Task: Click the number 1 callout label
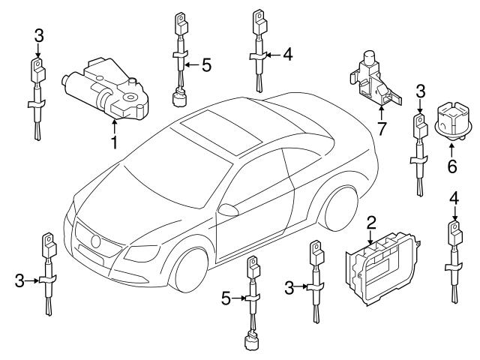(x=115, y=142)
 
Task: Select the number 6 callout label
(x=451, y=166)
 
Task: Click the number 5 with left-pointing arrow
(x=207, y=65)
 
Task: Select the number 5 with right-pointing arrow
(x=224, y=299)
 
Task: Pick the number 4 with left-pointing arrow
(x=286, y=54)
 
